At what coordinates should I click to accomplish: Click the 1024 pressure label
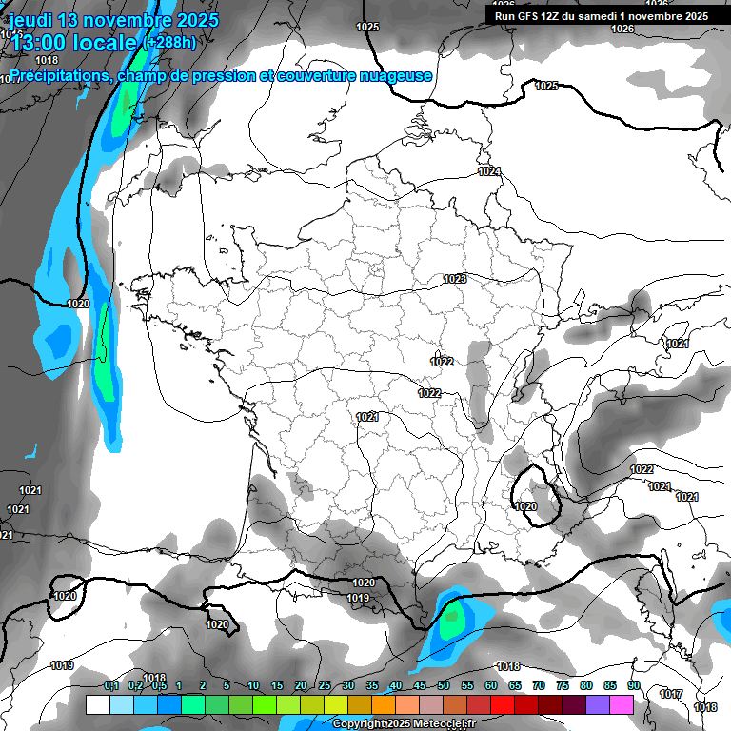489,171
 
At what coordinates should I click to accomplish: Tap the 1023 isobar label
455,279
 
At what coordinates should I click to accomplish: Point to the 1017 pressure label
671,694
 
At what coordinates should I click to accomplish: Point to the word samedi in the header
599,16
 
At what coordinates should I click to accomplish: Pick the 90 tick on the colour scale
633,685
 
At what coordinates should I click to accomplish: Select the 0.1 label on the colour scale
110,685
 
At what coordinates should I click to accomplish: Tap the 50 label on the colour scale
444,685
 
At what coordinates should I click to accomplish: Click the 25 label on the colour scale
325,685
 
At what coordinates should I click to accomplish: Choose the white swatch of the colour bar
97,704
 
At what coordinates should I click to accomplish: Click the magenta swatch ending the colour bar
622,704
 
